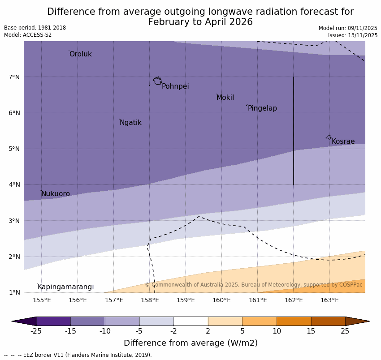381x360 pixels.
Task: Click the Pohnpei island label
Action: (175, 86)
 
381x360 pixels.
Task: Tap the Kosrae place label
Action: (343, 141)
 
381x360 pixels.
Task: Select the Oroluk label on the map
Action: (80, 54)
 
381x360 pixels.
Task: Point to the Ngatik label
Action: (130, 123)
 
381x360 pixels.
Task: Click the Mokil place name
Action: (225, 98)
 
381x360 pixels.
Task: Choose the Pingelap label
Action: (262, 108)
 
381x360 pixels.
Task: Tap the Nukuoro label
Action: (56, 194)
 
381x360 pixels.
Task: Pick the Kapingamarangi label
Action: (65, 287)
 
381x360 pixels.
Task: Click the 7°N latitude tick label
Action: (14, 77)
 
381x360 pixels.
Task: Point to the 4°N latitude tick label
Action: (14, 184)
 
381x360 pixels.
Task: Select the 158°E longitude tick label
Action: (150, 300)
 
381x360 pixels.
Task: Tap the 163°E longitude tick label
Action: (329, 300)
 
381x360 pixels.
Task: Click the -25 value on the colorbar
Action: (36, 331)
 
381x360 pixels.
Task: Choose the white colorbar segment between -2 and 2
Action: (190, 321)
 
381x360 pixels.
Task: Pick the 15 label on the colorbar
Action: (311, 331)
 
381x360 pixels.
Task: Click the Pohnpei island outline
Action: (157, 81)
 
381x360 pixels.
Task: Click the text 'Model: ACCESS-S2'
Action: (28, 35)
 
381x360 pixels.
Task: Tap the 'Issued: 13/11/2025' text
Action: (352, 35)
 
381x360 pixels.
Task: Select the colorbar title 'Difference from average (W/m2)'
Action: (190, 343)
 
